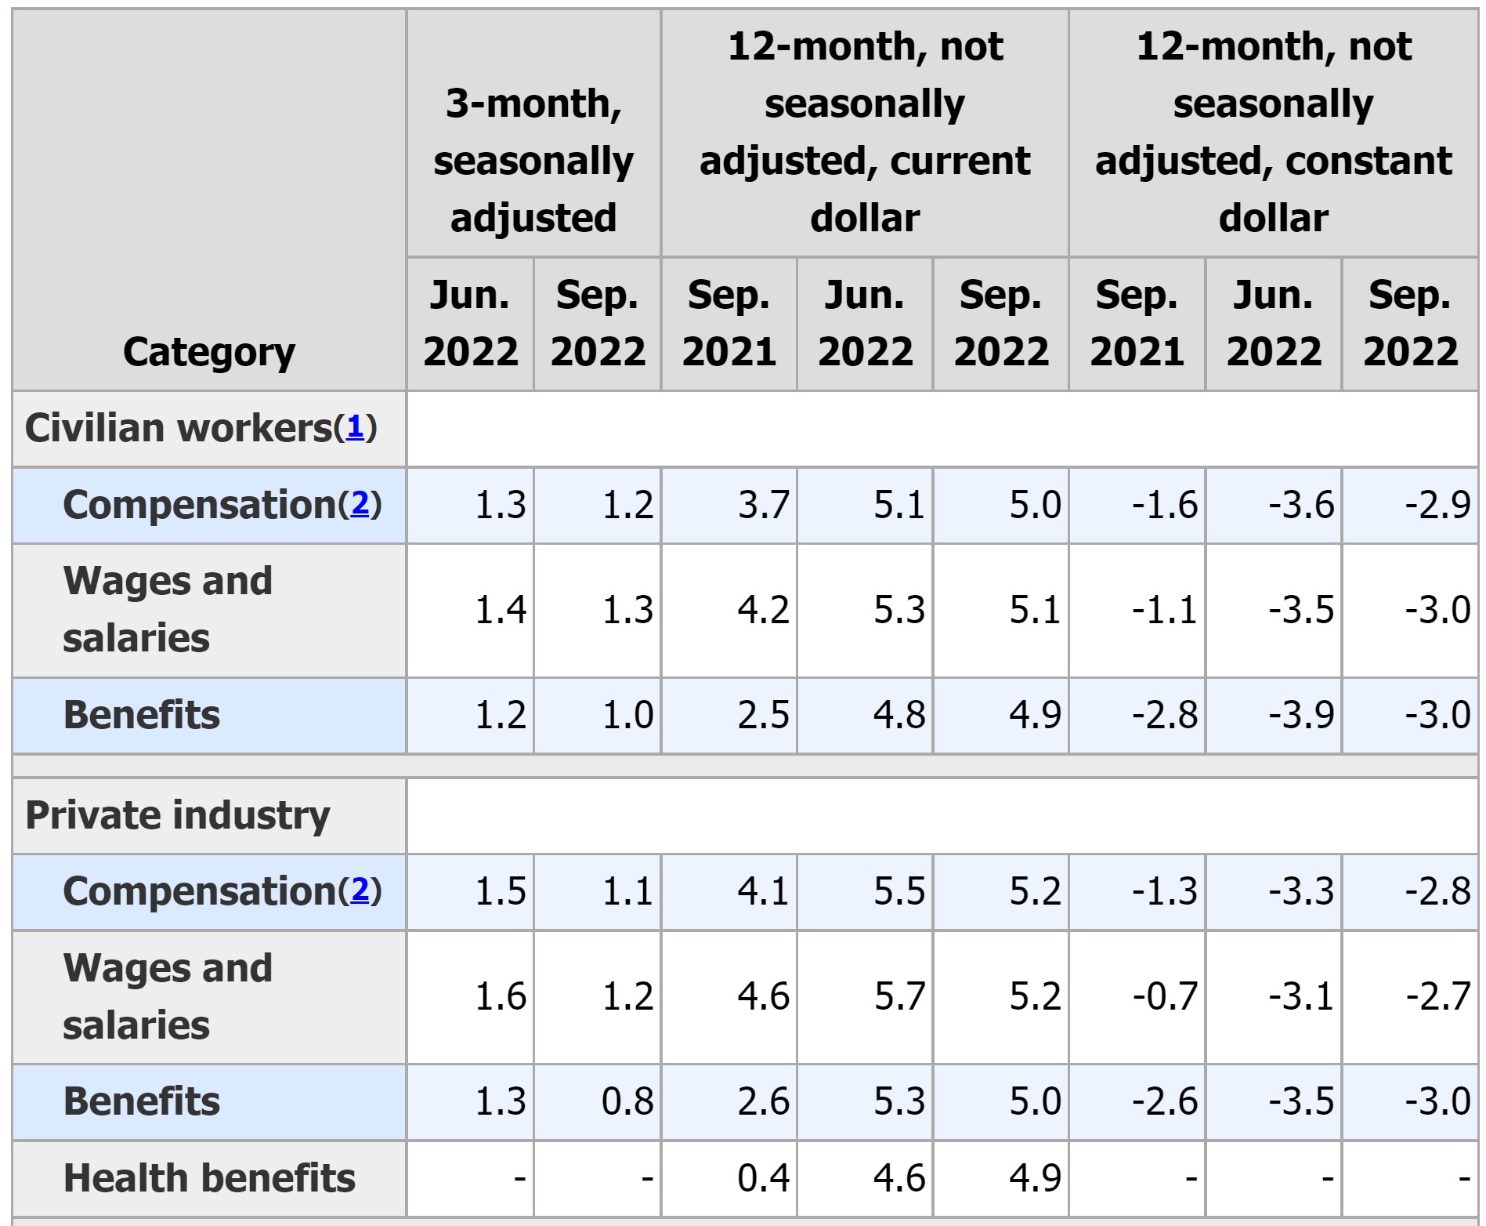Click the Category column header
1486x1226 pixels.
click(x=209, y=352)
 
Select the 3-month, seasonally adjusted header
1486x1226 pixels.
click(x=533, y=160)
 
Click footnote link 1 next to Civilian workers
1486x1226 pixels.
click(x=356, y=427)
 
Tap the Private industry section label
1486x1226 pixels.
click(x=178, y=815)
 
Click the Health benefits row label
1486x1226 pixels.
click(x=209, y=1178)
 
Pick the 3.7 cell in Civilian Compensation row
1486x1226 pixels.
click(x=763, y=505)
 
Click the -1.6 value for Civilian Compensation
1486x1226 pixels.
click(x=1165, y=505)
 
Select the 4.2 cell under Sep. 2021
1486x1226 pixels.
click(x=763, y=610)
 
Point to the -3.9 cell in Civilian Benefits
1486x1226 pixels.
click(x=1301, y=715)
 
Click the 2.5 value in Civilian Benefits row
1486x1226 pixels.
click(x=763, y=715)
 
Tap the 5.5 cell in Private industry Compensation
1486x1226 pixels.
click(x=899, y=891)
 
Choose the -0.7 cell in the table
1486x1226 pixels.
click(x=1165, y=996)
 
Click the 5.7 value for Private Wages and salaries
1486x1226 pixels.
click(x=899, y=996)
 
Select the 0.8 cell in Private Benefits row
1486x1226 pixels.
click(x=627, y=1101)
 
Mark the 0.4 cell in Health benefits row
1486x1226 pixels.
click(x=763, y=1178)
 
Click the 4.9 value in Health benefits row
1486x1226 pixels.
click(x=1035, y=1178)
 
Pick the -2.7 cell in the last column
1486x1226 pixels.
click(x=1437, y=996)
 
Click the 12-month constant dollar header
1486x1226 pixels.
click(x=1273, y=132)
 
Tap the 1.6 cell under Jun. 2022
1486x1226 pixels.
click(x=501, y=996)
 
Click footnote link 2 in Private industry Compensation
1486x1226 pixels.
click(x=360, y=890)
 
